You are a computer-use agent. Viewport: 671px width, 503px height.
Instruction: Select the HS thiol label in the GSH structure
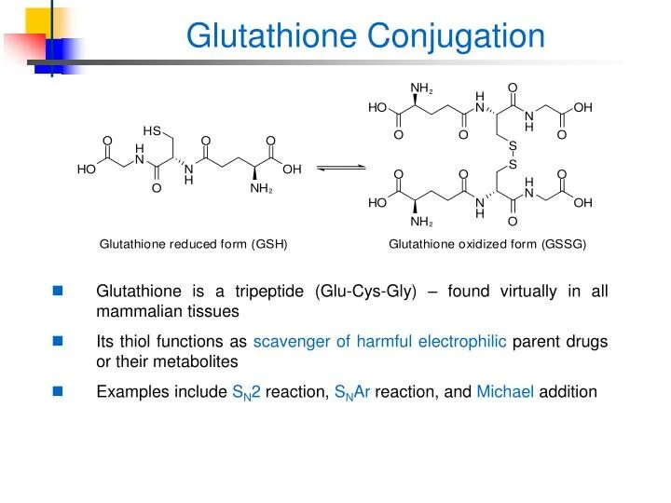click(152, 129)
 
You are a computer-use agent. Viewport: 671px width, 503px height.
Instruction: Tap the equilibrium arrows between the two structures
click(342, 169)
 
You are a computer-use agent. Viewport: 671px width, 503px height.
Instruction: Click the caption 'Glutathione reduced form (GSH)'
click(194, 244)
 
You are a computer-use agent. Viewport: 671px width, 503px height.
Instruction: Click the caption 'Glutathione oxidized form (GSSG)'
click(487, 244)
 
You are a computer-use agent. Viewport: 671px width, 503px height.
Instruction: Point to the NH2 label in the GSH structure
click(260, 189)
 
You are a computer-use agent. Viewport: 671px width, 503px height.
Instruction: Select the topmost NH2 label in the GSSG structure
click(421, 88)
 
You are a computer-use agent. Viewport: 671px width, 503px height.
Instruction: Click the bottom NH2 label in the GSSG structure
click(421, 223)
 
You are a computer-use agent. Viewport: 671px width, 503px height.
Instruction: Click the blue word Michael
click(505, 391)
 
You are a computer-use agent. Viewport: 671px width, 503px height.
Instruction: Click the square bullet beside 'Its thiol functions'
click(58, 342)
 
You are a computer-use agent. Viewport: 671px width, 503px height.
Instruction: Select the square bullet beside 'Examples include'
click(58, 391)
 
